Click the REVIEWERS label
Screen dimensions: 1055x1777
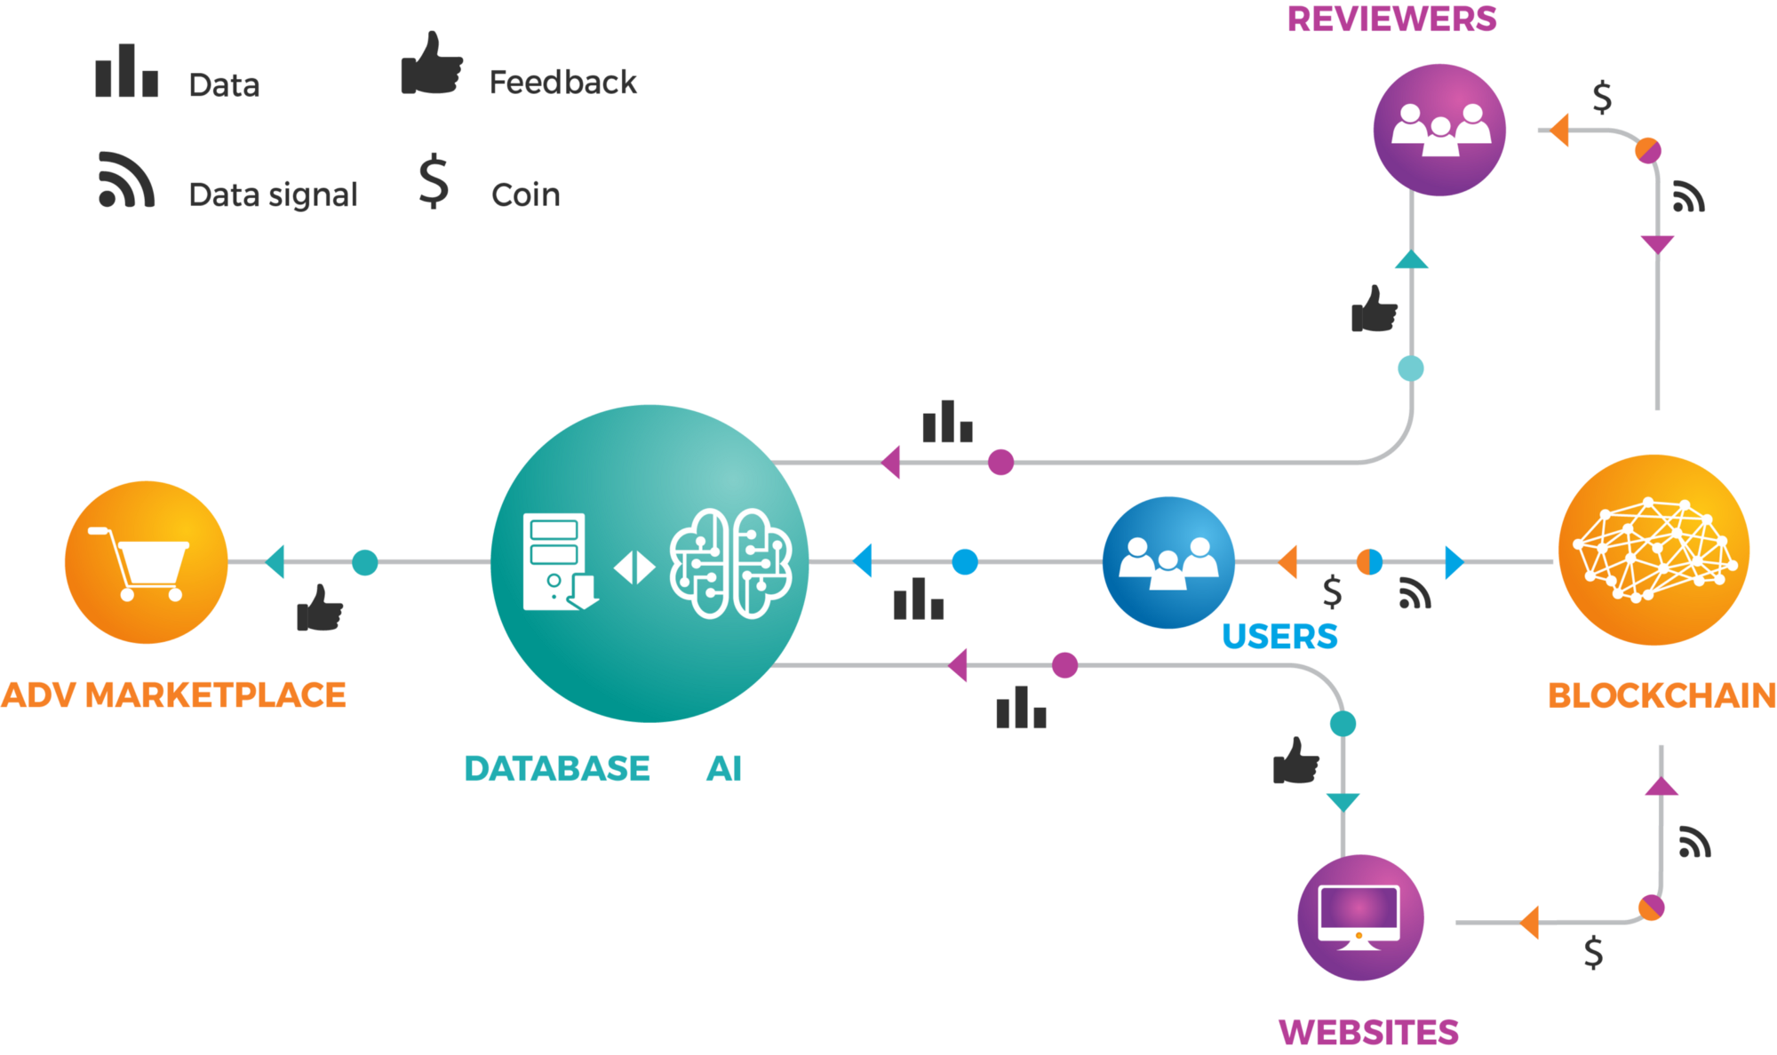(x=1391, y=20)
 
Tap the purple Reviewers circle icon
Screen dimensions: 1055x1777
(x=1439, y=130)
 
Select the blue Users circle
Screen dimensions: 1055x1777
(x=1168, y=562)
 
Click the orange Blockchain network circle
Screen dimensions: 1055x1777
(x=1653, y=550)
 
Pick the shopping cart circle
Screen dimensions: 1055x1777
(x=146, y=562)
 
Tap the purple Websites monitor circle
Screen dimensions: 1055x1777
(x=1360, y=917)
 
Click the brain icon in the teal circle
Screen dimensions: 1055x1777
(x=729, y=563)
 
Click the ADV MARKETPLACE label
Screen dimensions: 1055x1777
(x=173, y=695)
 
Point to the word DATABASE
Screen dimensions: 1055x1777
(x=557, y=769)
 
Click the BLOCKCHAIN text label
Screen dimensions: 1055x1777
(x=1661, y=696)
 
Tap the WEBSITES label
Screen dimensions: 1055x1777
(x=1368, y=1033)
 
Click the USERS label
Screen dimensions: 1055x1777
(x=1279, y=637)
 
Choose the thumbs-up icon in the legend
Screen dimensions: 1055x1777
(x=432, y=64)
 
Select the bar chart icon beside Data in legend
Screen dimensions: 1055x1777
(x=127, y=71)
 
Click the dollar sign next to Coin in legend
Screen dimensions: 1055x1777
(x=434, y=181)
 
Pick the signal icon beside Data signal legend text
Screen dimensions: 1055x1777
(x=126, y=180)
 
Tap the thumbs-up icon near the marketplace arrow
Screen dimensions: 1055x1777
(x=320, y=608)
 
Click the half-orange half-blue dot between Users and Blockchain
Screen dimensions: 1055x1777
(x=1369, y=562)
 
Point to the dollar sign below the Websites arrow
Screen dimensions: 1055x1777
(x=1594, y=952)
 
